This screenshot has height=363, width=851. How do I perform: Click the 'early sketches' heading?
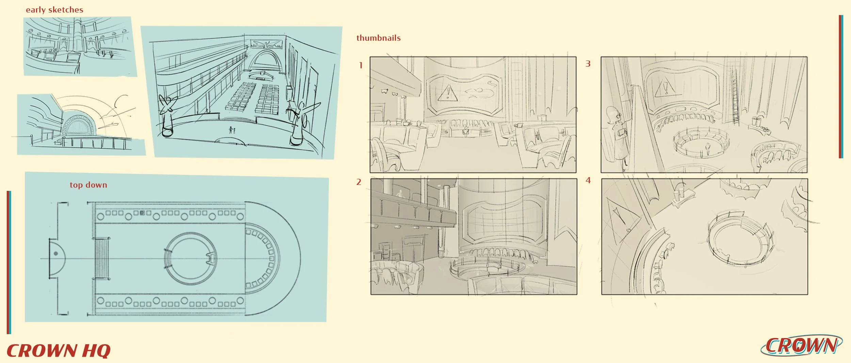click(x=54, y=10)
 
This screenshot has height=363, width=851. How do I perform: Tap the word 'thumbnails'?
click(x=378, y=38)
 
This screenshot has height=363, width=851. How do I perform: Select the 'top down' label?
click(x=88, y=185)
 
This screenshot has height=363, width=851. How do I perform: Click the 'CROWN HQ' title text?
click(x=59, y=351)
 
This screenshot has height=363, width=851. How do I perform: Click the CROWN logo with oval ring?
click(x=801, y=346)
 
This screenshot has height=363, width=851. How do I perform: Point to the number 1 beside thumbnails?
click(x=361, y=65)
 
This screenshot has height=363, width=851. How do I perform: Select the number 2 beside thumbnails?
click(x=358, y=182)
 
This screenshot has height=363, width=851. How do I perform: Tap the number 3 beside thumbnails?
click(x=588, y=64)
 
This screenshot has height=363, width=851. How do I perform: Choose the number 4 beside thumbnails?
click(x=588, y=180)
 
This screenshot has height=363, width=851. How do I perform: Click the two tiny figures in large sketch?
click(x=231, y=130)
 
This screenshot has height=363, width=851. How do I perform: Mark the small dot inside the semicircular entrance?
click(x=56, y=253)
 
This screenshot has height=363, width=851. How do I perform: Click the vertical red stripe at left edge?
click(x=9, y=262)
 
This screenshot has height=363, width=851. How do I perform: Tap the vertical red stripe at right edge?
click(x=840, y=87)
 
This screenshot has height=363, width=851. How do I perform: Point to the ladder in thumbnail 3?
click(x=735, y=97)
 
